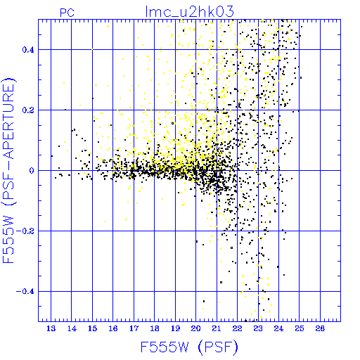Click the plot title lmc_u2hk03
[x=190, y=11]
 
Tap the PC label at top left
[x=67, y=13]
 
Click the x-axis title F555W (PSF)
[x=189, y=347]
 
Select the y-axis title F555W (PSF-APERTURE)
[x=8, y=171]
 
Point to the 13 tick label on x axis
[x=51, y=328]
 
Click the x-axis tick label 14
[x=72, y=328]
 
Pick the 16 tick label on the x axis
[x=113, y=328]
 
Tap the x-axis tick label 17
[x=134, y=328]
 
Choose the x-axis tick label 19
[x=175, y=328]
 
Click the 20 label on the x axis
[x=195, y=328]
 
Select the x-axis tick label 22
[x=237, y=328]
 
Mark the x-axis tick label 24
[x=278, y=328]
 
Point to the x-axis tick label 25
[x=300, y=328]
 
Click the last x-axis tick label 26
[x=320, y=328]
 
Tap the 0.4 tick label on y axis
[x=28, y=50]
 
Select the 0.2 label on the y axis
[x=28, y=110]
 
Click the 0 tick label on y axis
[x=32, y=171]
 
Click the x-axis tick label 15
[x=92, y=328]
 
